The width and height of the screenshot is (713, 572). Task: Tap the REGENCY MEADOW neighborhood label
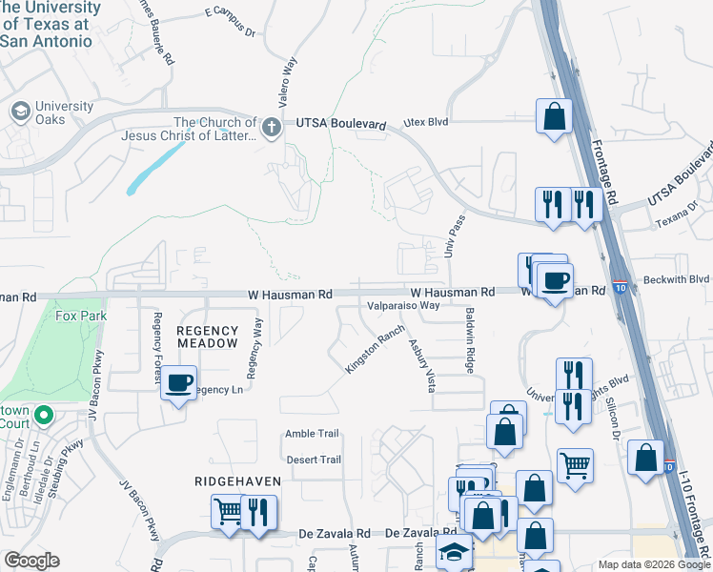(x=207, y=337)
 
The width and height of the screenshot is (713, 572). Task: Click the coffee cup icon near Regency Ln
(x=177, y=383)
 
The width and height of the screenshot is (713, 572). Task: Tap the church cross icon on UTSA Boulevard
(x=272, y=125)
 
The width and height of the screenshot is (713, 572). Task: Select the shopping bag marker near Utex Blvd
(x=554, y=117)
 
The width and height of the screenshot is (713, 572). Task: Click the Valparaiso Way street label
(x=404, y=306)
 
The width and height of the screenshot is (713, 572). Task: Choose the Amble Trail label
(x=312, y=434)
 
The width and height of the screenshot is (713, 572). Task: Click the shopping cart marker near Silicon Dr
(x=575, y=467)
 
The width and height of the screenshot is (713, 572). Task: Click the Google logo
(x=31, y=561)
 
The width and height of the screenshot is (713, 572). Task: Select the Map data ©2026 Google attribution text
(x=653, y=564)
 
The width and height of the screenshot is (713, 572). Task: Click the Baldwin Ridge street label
(x=470, y=339)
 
